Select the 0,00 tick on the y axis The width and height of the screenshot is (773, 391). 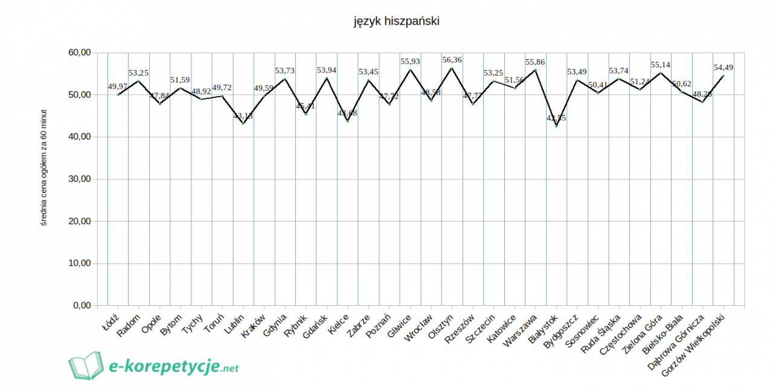[x=79, y=306]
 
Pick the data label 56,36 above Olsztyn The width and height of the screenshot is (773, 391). [x=452, y=60]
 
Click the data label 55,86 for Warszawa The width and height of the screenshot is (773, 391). [x=535, y=62]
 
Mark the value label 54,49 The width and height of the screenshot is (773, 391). [x=723, y=68]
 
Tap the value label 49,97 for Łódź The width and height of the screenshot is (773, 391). [x=118, y=86]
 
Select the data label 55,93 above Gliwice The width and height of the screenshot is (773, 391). [x=410, y=62]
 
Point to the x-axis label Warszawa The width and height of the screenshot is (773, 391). [x=521, y=328]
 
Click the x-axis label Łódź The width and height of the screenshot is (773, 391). [x=111, y=318]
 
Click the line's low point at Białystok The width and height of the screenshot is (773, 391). [x=556, y=126]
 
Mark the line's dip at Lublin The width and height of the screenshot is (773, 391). [x=243, y=123]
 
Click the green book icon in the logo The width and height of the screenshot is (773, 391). [x=86, y=366]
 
